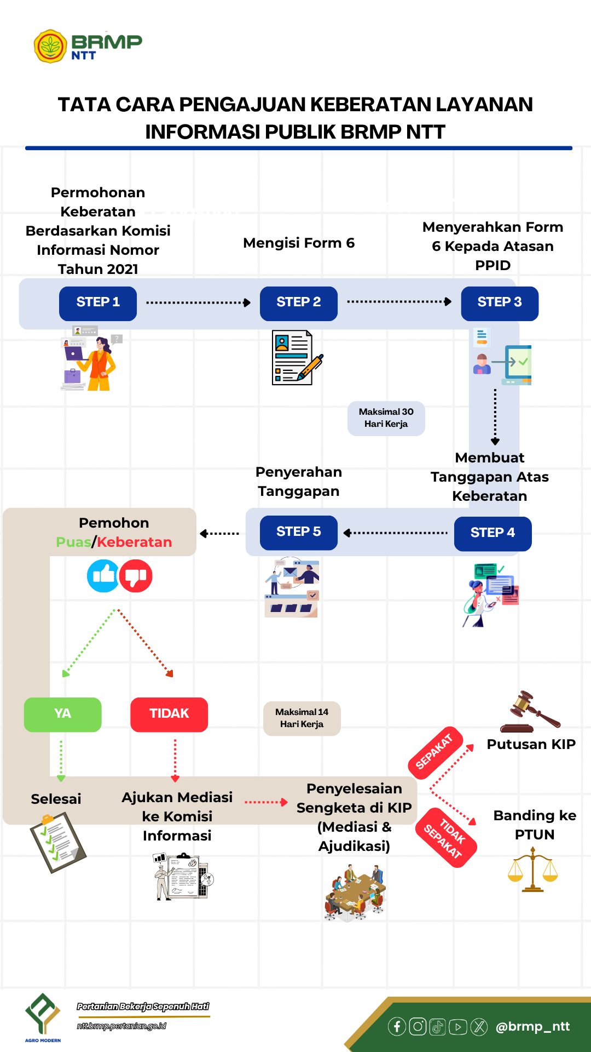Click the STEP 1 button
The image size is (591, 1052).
pyautogui.click(x=98, y=303)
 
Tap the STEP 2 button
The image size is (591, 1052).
pyautogui.click(x=298, y=303)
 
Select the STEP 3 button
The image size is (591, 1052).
pyautogui.click(x=499, y=303)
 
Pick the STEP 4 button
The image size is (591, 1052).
pyautogui.click(x=493, y=533)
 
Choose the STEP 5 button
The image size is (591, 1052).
pyautogui.click(x=298, y=532)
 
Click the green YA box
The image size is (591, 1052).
pyautogui.click(x=62, y=714)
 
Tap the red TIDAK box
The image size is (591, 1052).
pyautogui.click(x=169, y=714)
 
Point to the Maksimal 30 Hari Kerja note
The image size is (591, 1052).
pyautogui.click(x=386, y=418)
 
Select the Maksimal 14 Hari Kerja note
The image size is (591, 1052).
pyautogui.click(x=302, y=718)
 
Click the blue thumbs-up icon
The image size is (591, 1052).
pyautogui.click(x=103, y=576)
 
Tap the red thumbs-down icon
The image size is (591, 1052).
pyautogui.click(x=136, y=576)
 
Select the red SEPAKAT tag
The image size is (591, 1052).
pyautogui.click(x=435, y=751)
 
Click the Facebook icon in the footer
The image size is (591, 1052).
pyautogui.click(x=397, y=1026)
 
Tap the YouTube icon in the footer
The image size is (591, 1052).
pyautogui.click(x=458, y=1026)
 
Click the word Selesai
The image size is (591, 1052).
pyautogui.click(x=56, y=799)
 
